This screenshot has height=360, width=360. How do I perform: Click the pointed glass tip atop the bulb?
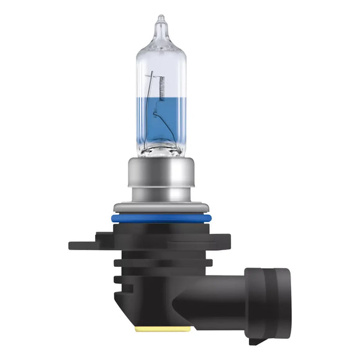[161, 22]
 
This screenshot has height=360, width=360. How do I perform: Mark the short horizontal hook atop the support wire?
[150, 76]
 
